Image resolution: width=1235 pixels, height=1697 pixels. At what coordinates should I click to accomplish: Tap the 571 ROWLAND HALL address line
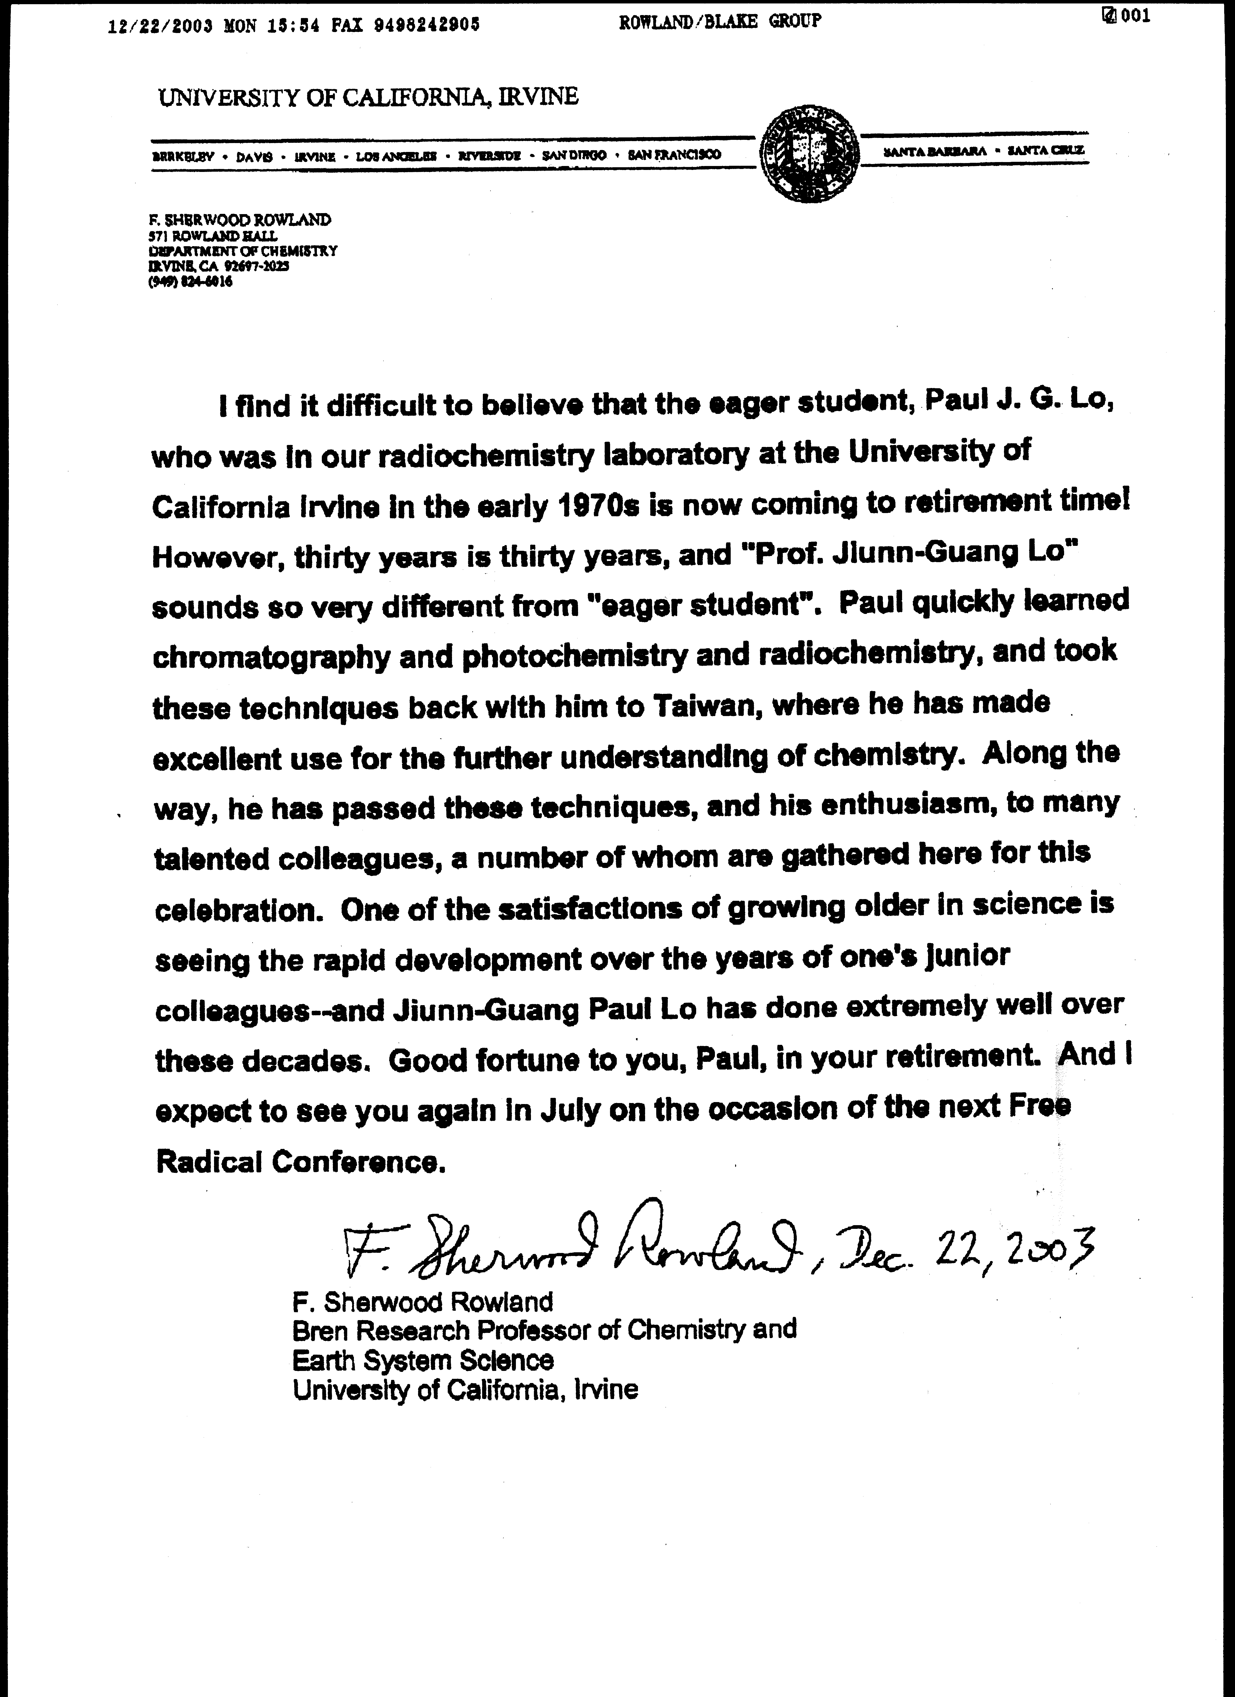(213, 236)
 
